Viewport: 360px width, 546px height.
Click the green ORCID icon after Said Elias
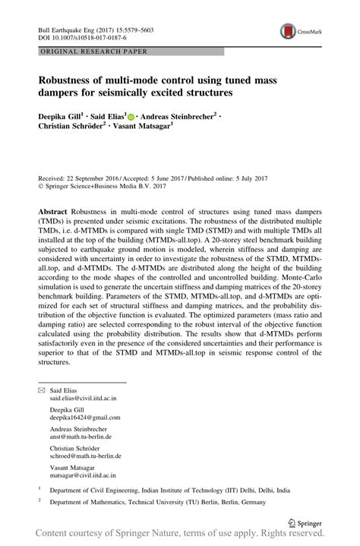click(x=131, y=117)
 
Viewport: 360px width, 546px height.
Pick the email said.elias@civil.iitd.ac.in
click(x=84, y=397)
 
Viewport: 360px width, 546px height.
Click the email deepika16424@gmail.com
click(x=85, y=417)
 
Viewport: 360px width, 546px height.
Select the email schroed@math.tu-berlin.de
click(x=86, y=456)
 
